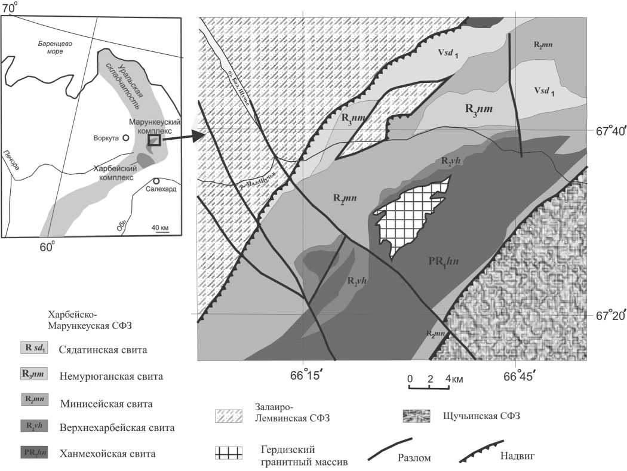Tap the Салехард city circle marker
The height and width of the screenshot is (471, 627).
click(156, 181)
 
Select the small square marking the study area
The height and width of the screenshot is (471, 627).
click(155, 140)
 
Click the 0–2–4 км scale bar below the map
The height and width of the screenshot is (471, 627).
click(429, 386)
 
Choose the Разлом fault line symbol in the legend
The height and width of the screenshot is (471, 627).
click(391, 449)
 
